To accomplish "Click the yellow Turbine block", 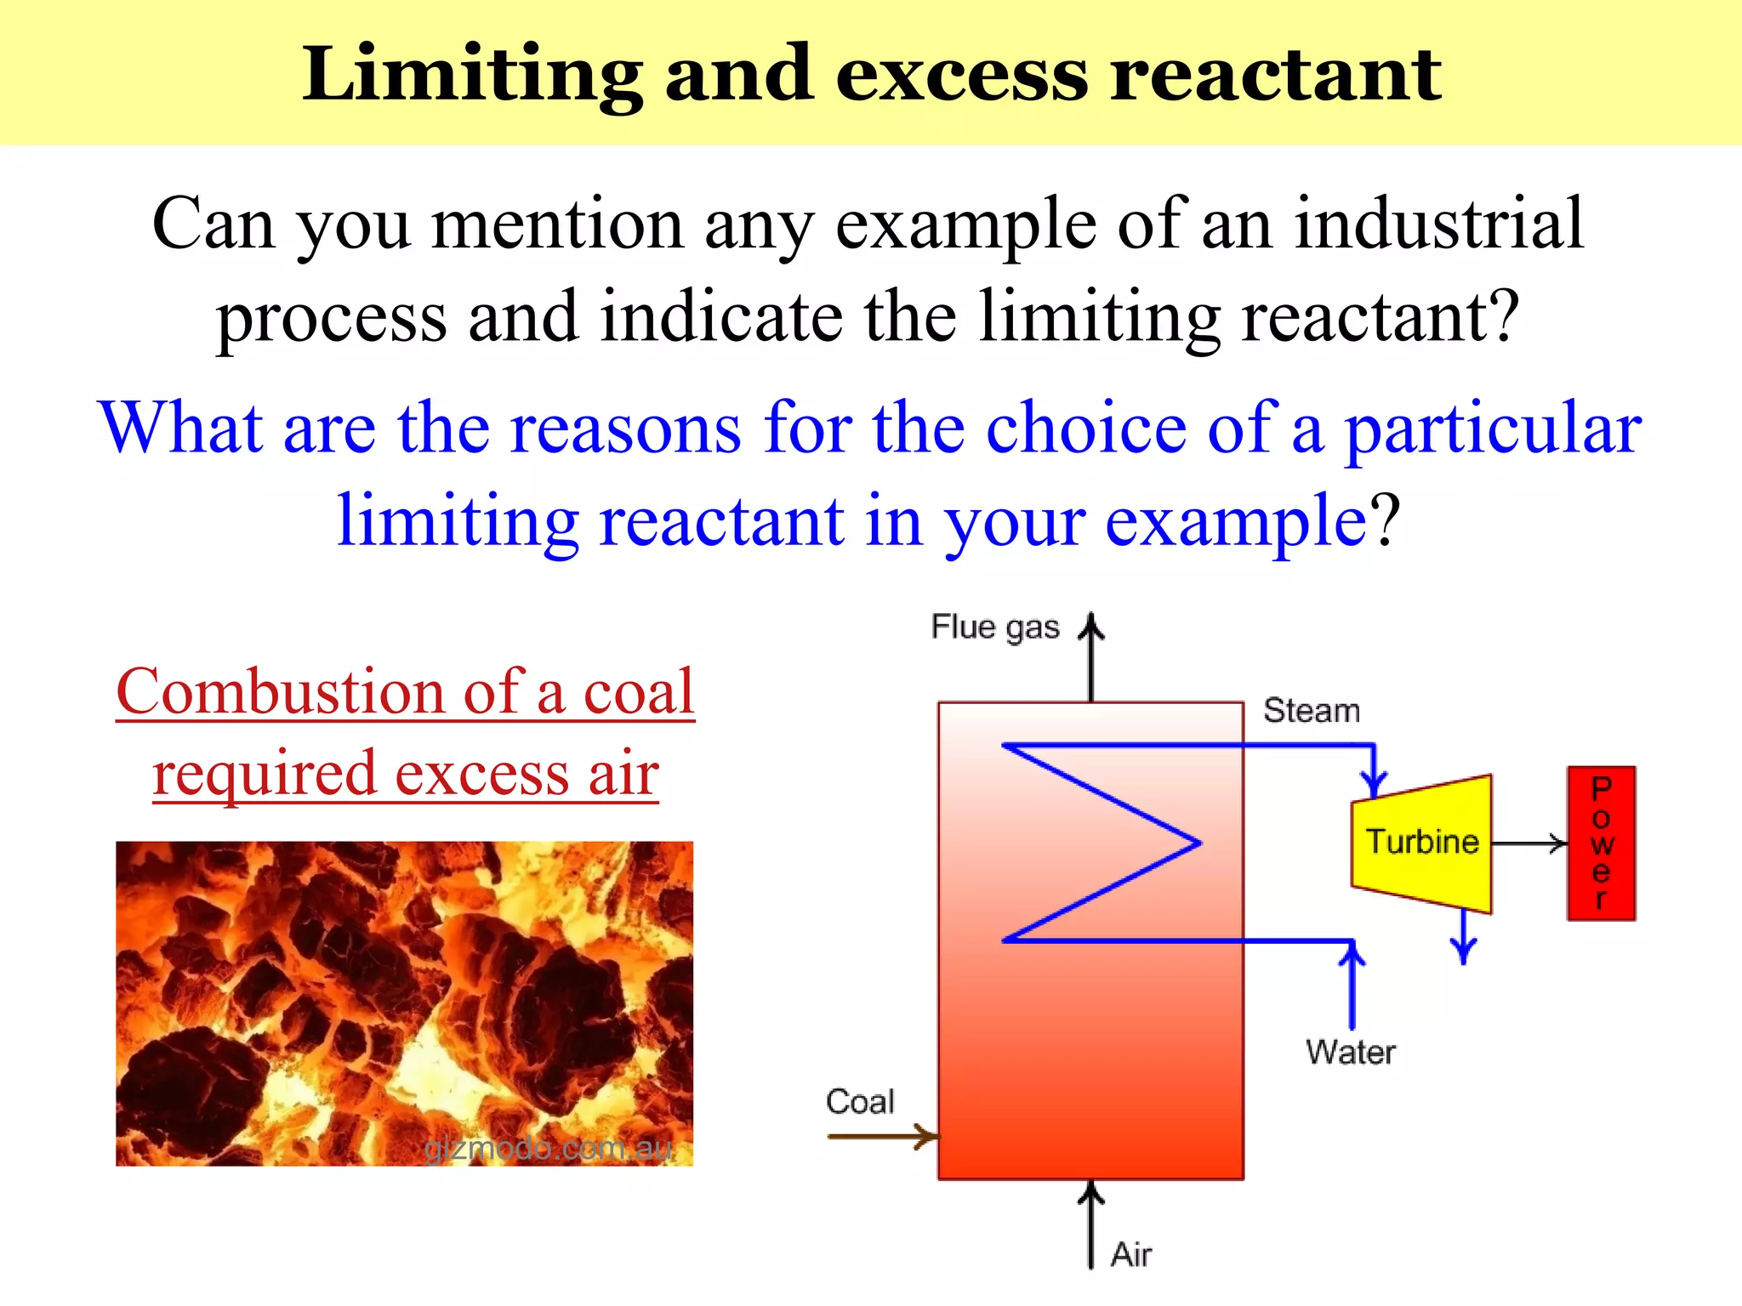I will [1422, 843].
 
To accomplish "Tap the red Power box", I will [1601, 843].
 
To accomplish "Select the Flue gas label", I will [994, 627].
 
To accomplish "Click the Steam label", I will [1311, 711].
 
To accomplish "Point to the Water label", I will [1350, 1053].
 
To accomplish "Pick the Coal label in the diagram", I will [860, 1102].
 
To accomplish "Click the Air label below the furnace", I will [1131, 1255].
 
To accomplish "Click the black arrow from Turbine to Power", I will [1529, 843].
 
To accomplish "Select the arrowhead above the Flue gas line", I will [1091, 627].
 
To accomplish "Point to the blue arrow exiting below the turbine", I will [1463, 940].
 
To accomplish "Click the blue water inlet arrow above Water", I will [1352, 986].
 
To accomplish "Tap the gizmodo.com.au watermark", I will [548, 1149].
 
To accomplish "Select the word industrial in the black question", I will [1439, 224].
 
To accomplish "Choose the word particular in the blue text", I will [1493, 428].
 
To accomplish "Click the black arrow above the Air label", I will [1091, 1224].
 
